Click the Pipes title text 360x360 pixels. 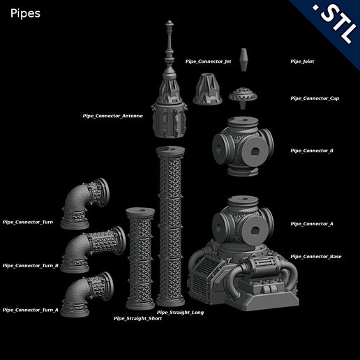[25, 13]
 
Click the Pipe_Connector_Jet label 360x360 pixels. [208, 61]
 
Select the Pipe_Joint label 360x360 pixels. [302, 61]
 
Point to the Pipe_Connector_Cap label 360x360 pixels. [315, 98]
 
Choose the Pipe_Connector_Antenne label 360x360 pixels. [112, 116]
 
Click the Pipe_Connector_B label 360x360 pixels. [312, 151]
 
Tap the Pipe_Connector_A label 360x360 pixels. [312, 224]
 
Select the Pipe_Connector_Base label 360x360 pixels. [315, 257]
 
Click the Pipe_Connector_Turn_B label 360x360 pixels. [30, 266]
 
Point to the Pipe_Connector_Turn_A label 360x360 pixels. [30, 310]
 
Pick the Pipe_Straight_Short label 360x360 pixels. [137, 318]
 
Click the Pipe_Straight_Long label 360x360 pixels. [180, 313]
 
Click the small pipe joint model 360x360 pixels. [244, 59]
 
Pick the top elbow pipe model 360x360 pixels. [87, 202]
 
